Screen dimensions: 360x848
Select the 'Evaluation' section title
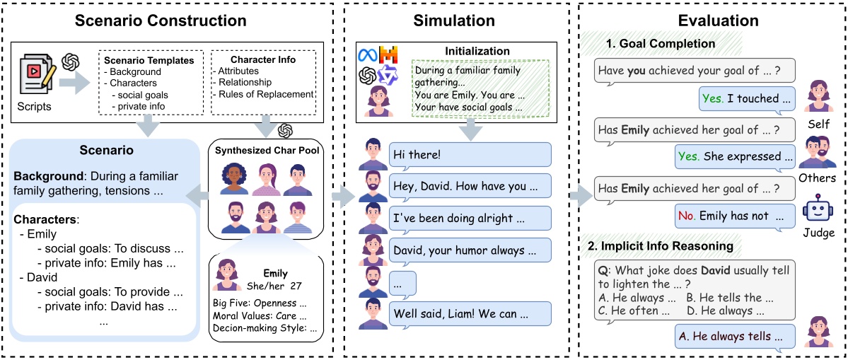711,21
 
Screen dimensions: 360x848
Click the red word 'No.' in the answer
686,216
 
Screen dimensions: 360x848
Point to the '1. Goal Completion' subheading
660,44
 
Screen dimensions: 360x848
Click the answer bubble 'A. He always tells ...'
725,335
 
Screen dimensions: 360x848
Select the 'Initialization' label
477,51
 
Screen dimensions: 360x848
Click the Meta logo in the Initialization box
368,54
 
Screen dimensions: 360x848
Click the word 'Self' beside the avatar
818,123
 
